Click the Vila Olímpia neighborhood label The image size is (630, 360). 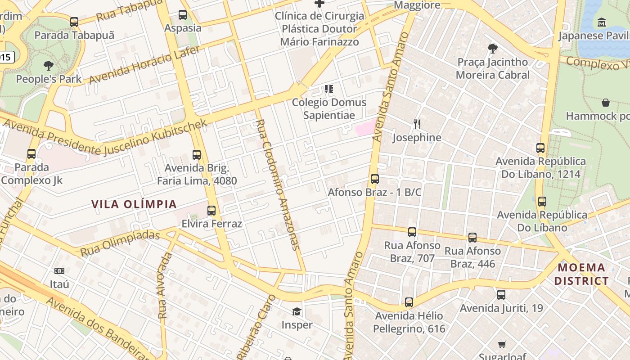pos(134,204)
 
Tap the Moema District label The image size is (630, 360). pos(581,274)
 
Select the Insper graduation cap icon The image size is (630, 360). pos(297,311)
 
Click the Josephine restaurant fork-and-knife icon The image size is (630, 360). pos(417,124)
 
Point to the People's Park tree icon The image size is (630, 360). pos(49,66)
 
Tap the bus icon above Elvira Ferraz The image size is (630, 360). pos(211,210)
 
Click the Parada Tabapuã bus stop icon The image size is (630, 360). pos(74,22)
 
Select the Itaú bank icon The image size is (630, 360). pos(59,270)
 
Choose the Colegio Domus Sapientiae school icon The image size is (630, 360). pos(329,89)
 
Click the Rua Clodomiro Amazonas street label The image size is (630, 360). pos(277,184)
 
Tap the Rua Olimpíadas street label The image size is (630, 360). pos(120,243)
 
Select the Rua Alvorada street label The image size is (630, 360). pos(165,285)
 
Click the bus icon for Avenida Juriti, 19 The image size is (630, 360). pos(501,295)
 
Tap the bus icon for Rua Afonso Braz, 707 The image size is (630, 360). pos(412,232)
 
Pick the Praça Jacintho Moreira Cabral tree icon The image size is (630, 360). pos(493,48)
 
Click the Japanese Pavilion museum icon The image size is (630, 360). pos(602,22)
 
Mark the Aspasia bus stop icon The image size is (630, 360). pos(183,14)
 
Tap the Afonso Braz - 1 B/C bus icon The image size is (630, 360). pos(374,179)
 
